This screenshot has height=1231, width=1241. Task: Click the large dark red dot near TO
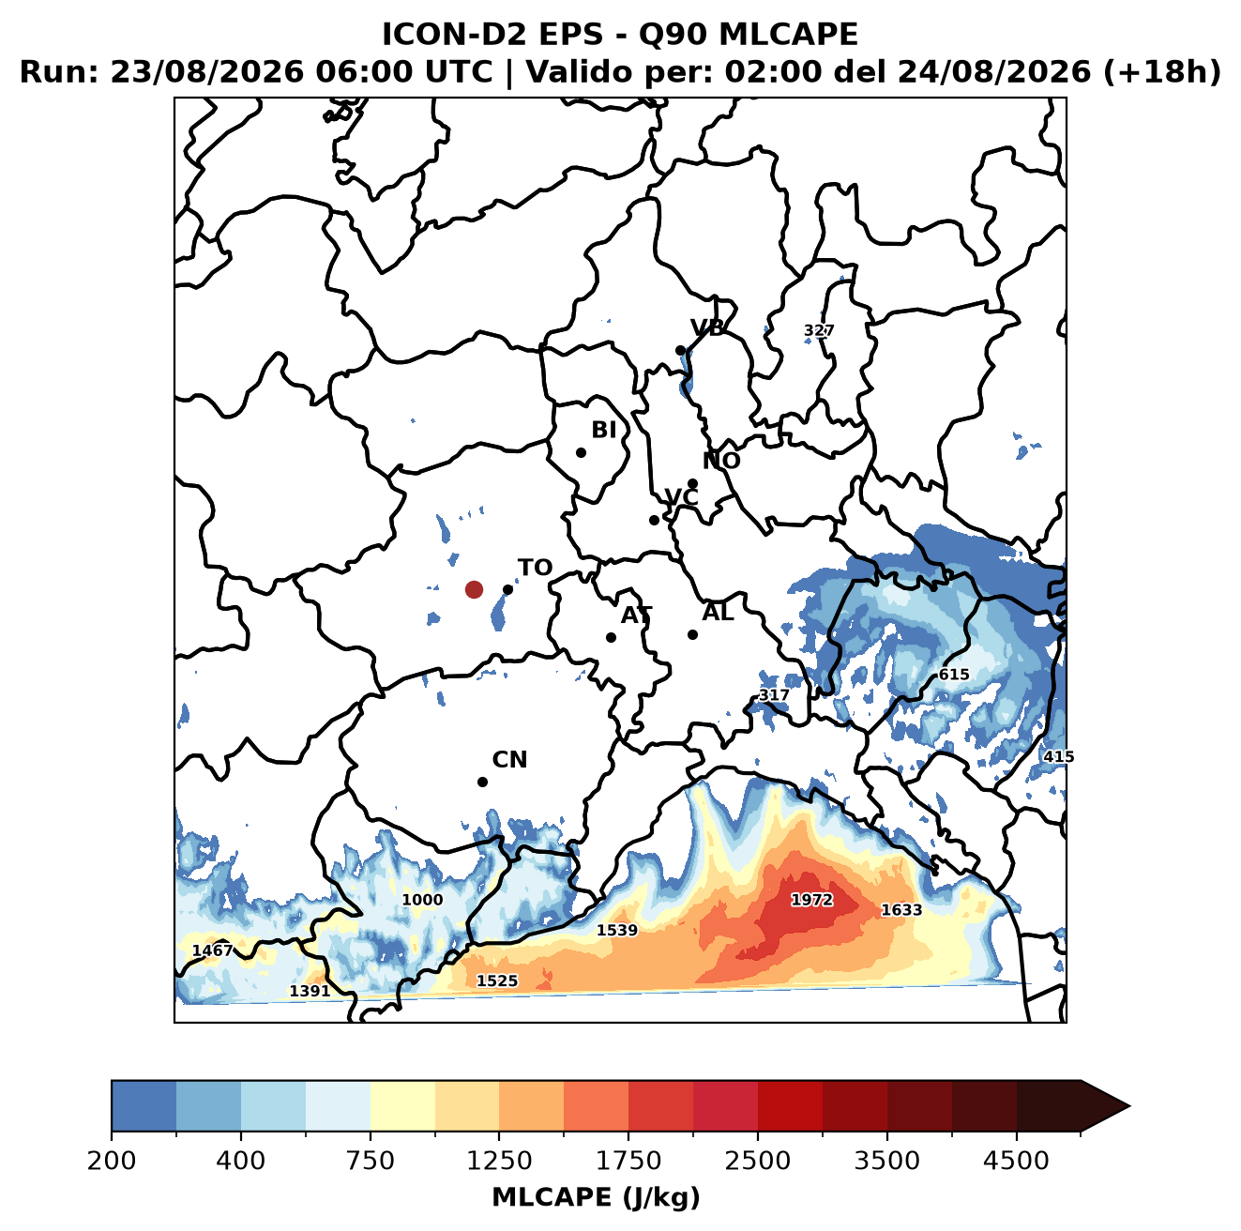[474, 589]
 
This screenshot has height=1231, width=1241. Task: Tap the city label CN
[509, 760]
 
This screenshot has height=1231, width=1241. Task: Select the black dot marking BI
[581, 453]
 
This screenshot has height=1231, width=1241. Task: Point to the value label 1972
[811, 900]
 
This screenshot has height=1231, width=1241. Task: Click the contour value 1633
[900, 909]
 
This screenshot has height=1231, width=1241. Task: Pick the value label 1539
[617, 930]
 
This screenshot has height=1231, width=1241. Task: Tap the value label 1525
[496, 980]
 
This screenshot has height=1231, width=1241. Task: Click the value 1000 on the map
[422, 900]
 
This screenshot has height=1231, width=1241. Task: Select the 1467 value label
[213, 950]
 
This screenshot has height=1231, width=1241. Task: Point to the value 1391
[310, 991]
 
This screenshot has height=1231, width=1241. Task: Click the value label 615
[954, 675]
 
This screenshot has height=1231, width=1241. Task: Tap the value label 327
[819, 330]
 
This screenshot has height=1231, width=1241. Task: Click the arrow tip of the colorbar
[1129, 1106]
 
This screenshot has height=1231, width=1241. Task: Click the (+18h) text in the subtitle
[1162, 72]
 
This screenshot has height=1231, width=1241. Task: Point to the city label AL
[719, 612]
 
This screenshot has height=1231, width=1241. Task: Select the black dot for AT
[611, 638]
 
